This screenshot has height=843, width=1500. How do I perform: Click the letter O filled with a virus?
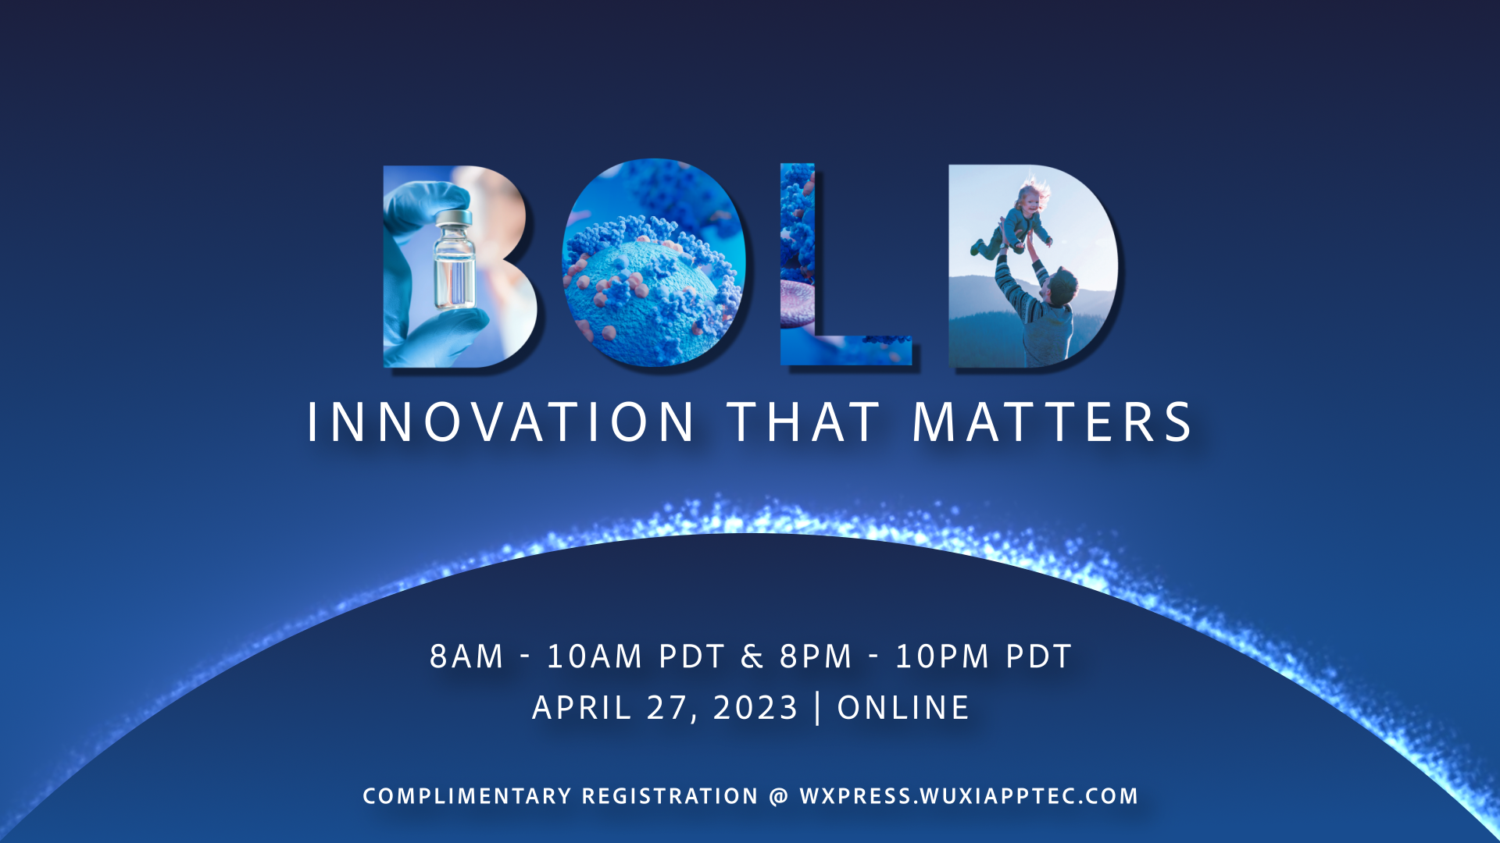pos(653,263)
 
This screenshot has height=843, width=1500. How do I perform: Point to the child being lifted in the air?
pos(1014,220)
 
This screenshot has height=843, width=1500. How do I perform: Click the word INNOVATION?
pos(501,422)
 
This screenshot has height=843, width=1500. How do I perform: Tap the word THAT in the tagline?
pos(804,422)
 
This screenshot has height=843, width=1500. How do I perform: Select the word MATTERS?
pos(1052,422)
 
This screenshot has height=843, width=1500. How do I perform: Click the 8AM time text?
pos(466,656)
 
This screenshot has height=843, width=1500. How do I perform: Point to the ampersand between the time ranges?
pos(752,656)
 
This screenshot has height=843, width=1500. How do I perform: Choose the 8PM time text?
pos(816,656)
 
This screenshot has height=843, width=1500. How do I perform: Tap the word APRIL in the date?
pos(582,708)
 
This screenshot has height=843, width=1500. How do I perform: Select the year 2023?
pos(755,708)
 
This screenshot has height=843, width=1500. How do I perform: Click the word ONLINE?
pos(903,708)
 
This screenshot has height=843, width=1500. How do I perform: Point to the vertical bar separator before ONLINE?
pos(818,708)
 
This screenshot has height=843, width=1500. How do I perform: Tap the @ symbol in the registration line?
pos(779,796)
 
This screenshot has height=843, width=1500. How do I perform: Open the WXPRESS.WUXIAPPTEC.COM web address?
pos(969,796)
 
